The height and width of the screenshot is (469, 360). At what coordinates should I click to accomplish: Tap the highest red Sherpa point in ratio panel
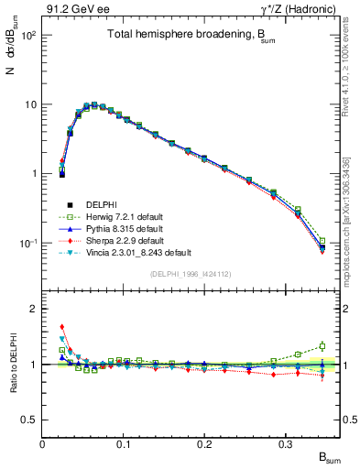[62, 327]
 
